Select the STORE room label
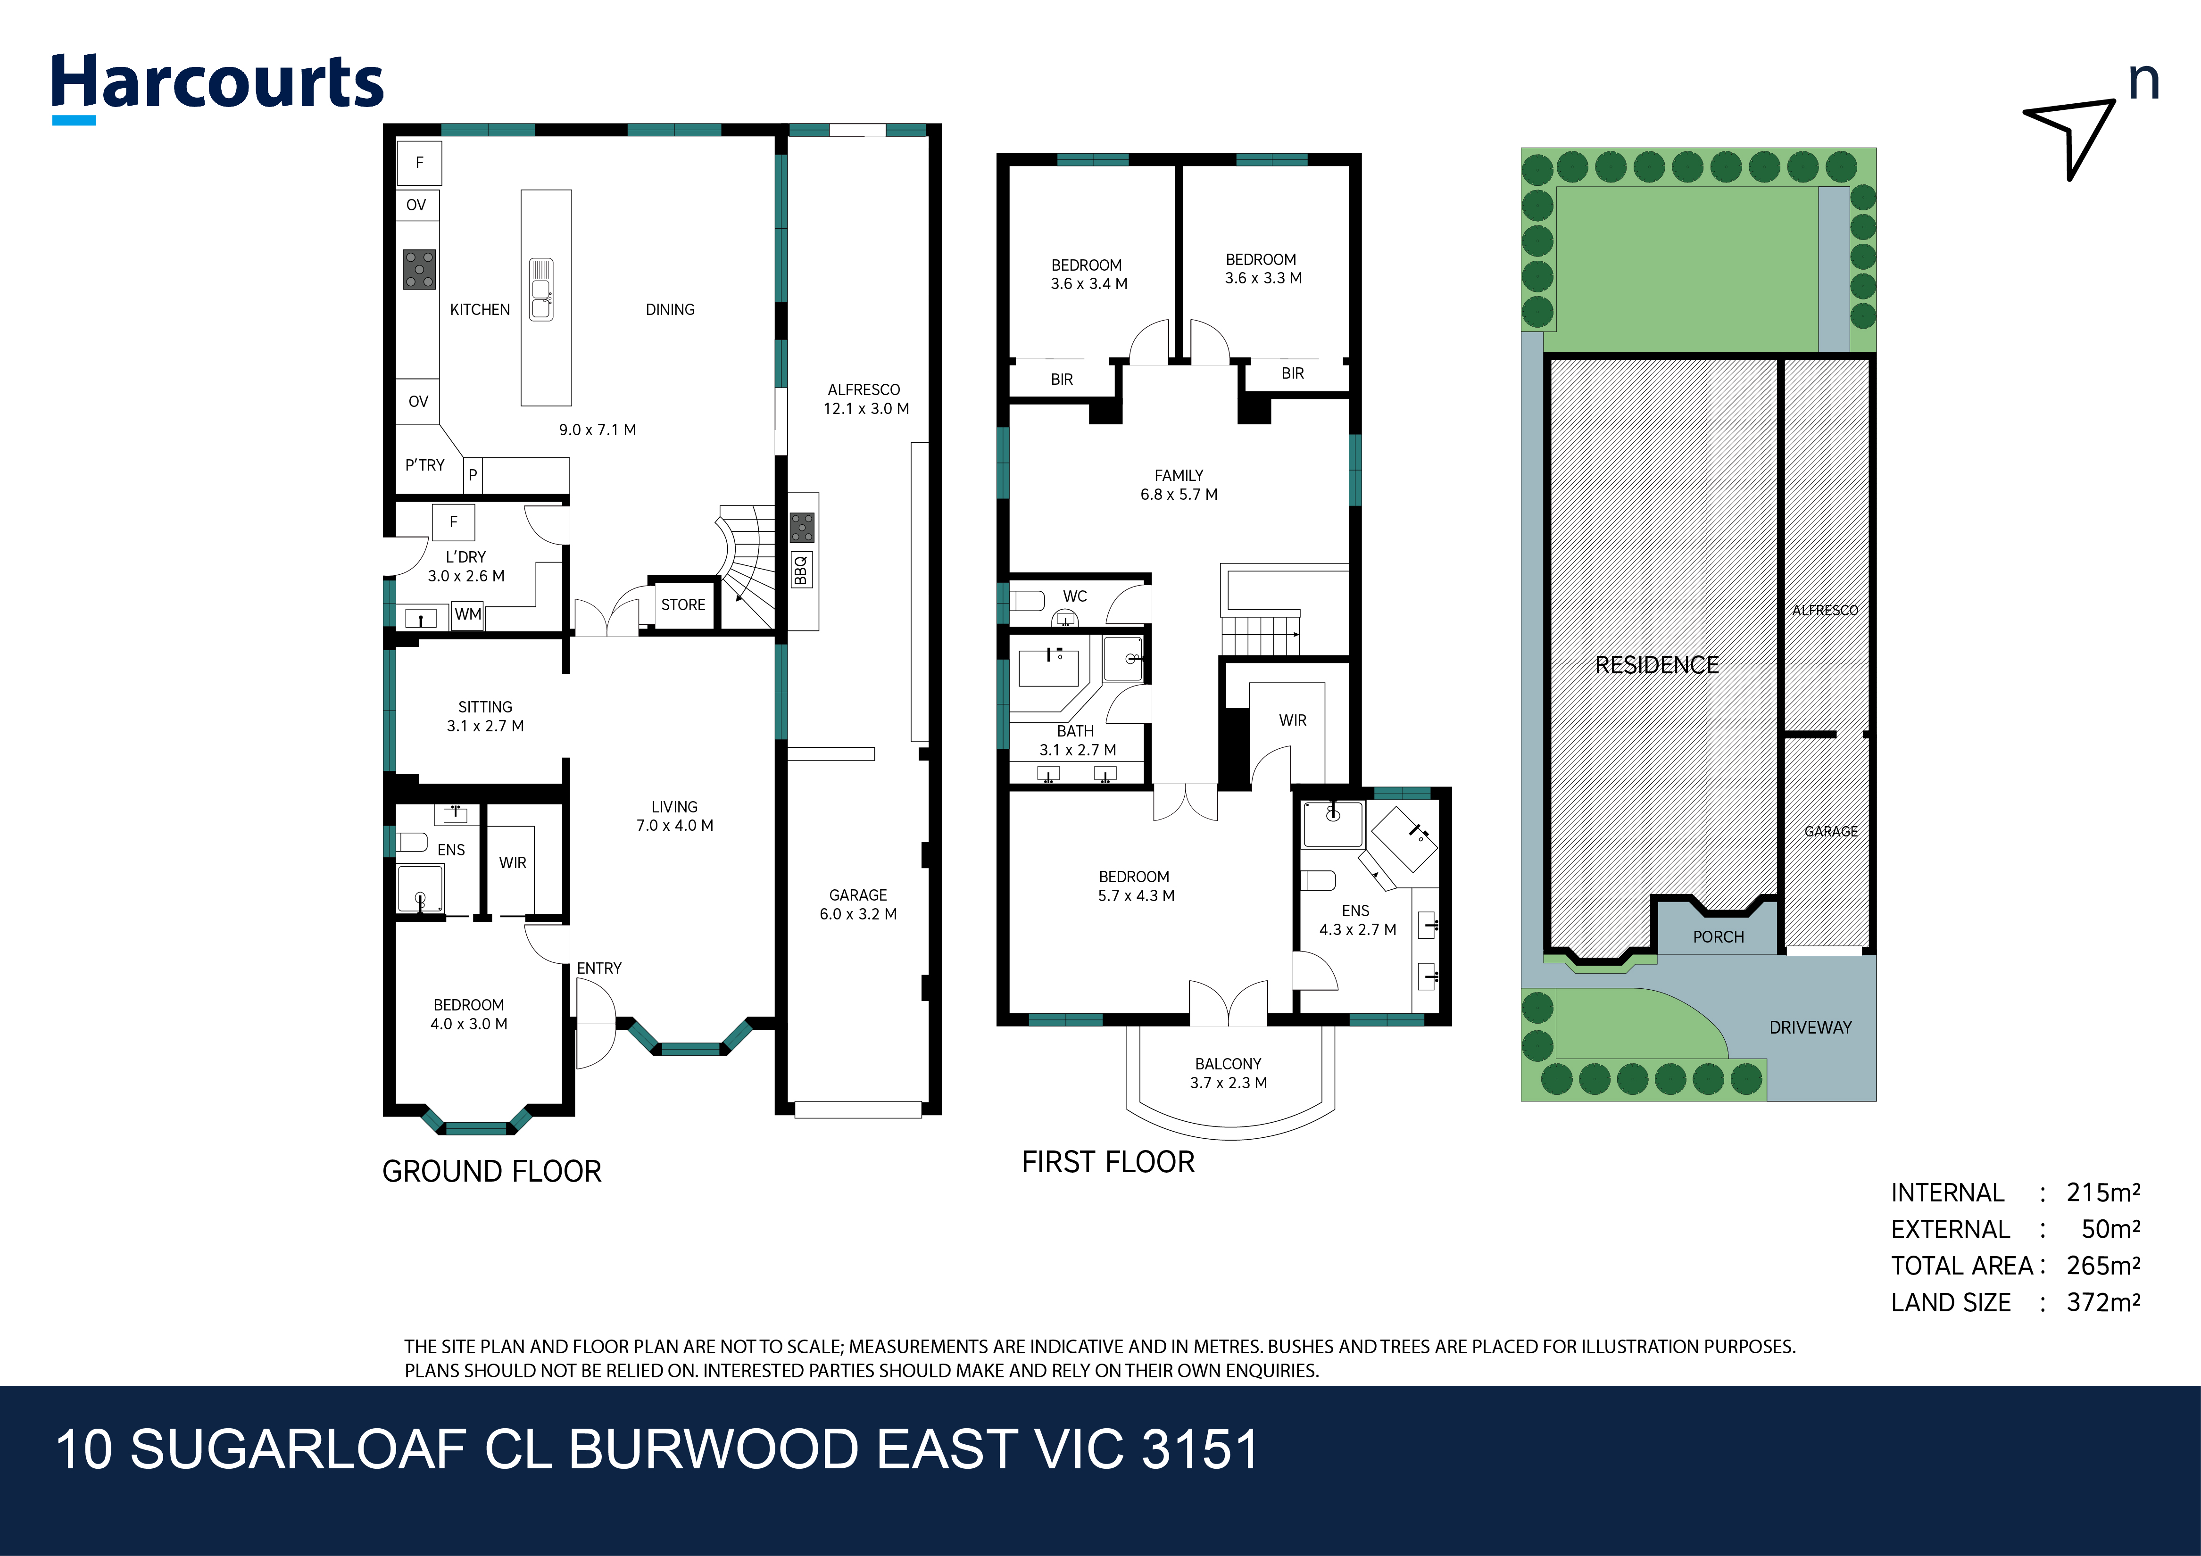[682, 605]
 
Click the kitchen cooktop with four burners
[419, 269]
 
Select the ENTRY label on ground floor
[599, 968]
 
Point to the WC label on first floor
[1075, 596]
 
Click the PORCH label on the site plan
[1718, 937]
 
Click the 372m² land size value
[2103, 1302]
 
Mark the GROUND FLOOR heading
[492, 1172]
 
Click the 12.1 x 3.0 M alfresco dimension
[865, 408]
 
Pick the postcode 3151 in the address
[1199, 1449]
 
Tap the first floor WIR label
[1292, 720]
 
